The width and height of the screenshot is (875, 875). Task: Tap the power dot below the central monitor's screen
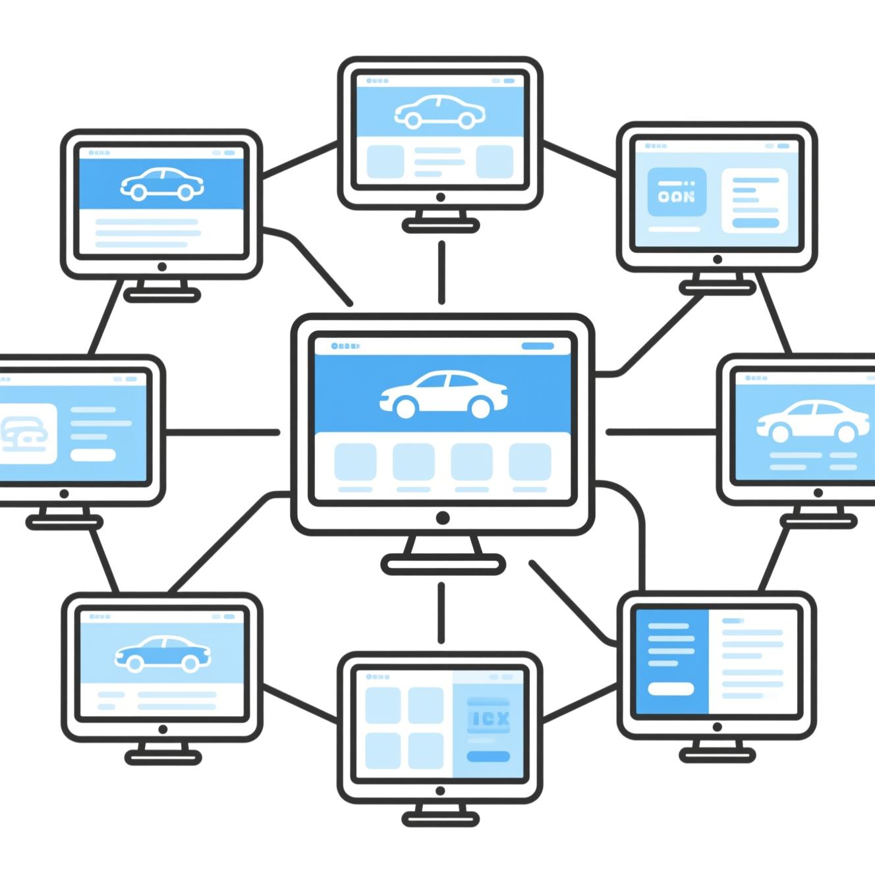pyautogui.click(x=443, y=518)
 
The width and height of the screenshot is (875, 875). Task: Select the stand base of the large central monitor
pyautogui.click(x=443, y=564)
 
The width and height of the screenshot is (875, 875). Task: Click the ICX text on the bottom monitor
pyautogui.click(x=488, y=718)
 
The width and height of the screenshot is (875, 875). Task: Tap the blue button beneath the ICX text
pyautogui.click(x=488, y=756)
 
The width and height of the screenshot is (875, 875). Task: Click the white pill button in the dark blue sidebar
pyautogui.click(x=671, y=689)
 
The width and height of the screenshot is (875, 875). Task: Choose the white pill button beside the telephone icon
pyautogui.click(x=93, y=455)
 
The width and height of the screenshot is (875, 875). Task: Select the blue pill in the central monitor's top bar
pyautogui.click(x=538, y=346)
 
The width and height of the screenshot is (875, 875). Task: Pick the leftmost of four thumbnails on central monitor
pyautogui.click(x=355, y=461)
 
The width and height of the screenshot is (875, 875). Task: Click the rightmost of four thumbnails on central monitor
pyautogui.click(x=530, y=461)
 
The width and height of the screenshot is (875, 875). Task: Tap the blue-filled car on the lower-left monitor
pyautogui.click(x=163, y=652)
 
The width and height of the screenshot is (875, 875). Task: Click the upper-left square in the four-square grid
pyautogui.click(x=383, y=705)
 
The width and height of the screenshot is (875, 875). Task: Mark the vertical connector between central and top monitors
pyautogui.click(x=441, y=271)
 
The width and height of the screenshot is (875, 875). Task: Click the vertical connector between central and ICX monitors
pyautogui.click(x=441, y=613)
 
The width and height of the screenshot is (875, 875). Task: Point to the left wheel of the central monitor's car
pyautogui.click(x=406, y=408)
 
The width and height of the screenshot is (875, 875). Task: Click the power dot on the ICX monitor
pyautogui.click(x=440, y=791)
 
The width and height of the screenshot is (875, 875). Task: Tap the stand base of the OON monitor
pyautogui.click(x=717, y=288)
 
